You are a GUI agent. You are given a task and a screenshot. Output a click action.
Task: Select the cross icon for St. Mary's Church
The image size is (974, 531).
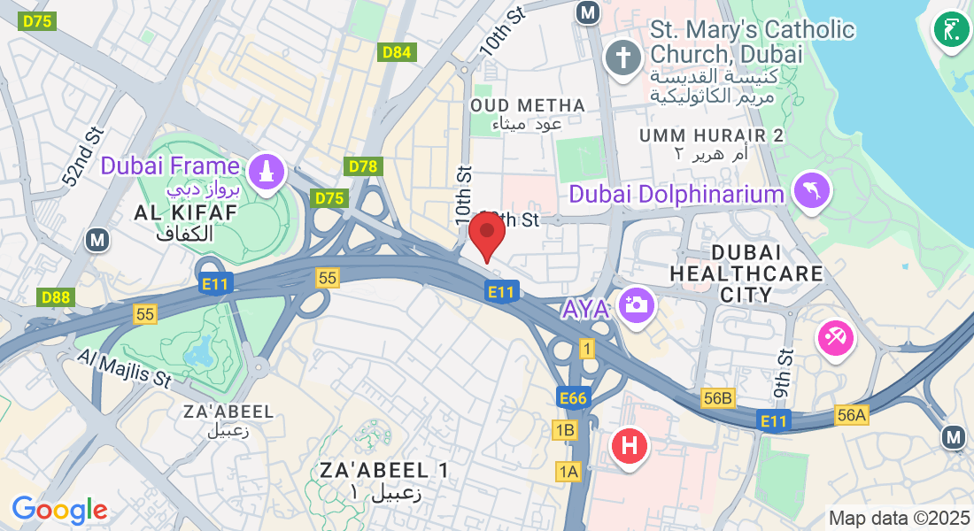click(623, 59)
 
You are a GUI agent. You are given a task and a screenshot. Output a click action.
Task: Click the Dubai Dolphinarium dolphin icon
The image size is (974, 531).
click(811, 192)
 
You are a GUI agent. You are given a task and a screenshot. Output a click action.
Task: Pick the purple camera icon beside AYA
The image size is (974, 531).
click(638, 305)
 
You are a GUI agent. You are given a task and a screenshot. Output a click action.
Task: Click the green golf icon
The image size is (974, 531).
click(952, 28)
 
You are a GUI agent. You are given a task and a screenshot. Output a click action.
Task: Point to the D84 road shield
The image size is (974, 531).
click(397, 52)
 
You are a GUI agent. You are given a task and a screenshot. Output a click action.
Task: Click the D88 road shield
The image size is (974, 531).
click(55, 297)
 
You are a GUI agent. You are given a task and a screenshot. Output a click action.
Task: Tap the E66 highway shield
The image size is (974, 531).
click(573, 398)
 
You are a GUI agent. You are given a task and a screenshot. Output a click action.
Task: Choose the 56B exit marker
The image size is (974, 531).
click(718, 398)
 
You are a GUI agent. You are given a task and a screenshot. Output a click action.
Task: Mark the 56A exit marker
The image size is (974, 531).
click(851, 415)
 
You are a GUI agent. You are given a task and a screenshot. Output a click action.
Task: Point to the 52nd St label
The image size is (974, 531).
click(83, 157)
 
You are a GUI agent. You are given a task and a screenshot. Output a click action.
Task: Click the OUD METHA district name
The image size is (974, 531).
click(528, 106)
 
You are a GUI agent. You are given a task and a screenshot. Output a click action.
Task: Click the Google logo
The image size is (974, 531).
click(59, 510)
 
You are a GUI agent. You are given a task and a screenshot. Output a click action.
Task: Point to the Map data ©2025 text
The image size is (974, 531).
click(899, 517)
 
